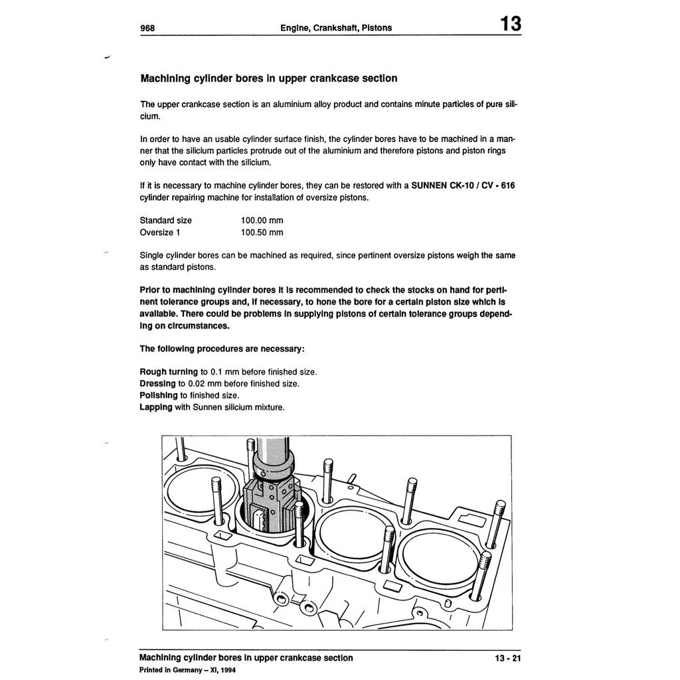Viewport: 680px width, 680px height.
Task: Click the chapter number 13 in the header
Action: pos(510,24)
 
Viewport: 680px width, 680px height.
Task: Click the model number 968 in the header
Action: pos(148,28)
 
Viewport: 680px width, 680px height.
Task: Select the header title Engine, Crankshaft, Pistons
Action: pos(337,28)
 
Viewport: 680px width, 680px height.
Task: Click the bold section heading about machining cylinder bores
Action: pos(269,78)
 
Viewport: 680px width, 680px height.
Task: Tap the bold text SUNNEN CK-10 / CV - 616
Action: pos(463,185)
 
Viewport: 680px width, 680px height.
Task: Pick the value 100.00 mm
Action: pos(262,220)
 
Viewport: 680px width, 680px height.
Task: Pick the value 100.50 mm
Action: pos(262,232)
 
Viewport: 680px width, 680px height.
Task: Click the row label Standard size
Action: pos(165,220)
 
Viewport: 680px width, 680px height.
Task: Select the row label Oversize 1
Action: pos(160,232)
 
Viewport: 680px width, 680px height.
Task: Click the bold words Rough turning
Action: pos(169,371)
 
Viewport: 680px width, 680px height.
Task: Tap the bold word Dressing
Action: pos(157,383)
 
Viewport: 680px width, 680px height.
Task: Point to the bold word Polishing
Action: pos(159,395)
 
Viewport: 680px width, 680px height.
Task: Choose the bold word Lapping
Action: pos(156,407)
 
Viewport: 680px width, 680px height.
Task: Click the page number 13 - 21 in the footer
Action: pos(508,658)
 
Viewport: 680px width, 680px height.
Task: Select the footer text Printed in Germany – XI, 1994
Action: pos(187,670)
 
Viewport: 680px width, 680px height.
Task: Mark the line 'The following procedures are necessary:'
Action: pos(222,349)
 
